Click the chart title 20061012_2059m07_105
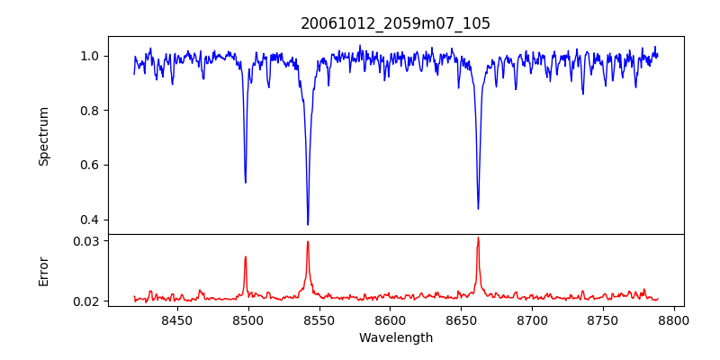click(395, 23)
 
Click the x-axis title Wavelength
click(395, 337)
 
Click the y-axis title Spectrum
click(44, 136)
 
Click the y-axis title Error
click(44, 271)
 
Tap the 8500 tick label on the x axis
click(248, 319)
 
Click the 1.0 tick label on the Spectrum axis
click(90, 56)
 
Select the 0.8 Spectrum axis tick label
click(90, 111)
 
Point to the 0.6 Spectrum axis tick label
click(90, 165)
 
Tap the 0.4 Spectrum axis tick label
click(90, 220)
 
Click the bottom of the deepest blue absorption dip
click(308, 224)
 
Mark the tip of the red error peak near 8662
click(478, 238)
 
